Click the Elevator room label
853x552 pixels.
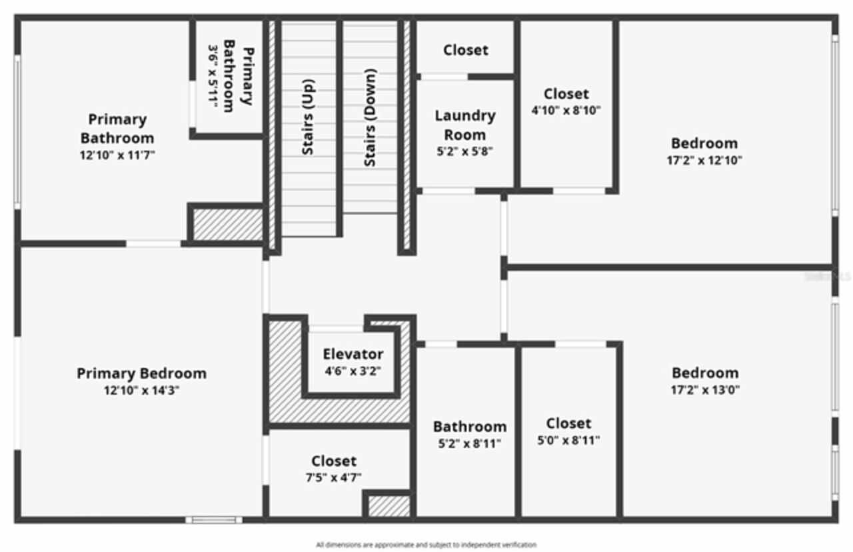pyautogui.click(x=353, y=354)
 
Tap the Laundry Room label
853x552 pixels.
pyautogui.click(x=465, y=125)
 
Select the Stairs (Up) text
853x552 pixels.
pyautogui.click(x=308, y=118)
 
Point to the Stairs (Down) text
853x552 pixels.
pyautogui.click(x=370, y=118)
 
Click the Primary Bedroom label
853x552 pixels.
pyautogui.click(x=141, y=373)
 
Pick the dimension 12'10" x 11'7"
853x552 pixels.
pyautogui.click(x=118, y=155)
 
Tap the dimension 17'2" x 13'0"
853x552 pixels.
pyautogui.click(x=706, y=390)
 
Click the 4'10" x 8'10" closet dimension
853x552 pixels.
pyautogui.click(x=566, y=111)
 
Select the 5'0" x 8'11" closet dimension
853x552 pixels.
pyautogui.click(x=568, y=440)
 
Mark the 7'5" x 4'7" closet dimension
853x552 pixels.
pyautogui.click(x=334, y=477)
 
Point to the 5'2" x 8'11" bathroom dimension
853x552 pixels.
pyautogui.click(x=469, y=443)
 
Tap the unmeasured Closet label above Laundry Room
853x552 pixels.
pyautogui.click(x=465, y=50)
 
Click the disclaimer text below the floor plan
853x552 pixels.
pyautogui.click(x=426, y=545)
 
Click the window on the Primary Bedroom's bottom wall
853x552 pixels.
pyautogui.click(x=214, y=519)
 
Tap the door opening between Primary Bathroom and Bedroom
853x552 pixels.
pyautogui.click(x=153, y=244)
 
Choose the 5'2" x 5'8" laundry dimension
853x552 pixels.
pyautogui.click(x=465, y=151)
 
